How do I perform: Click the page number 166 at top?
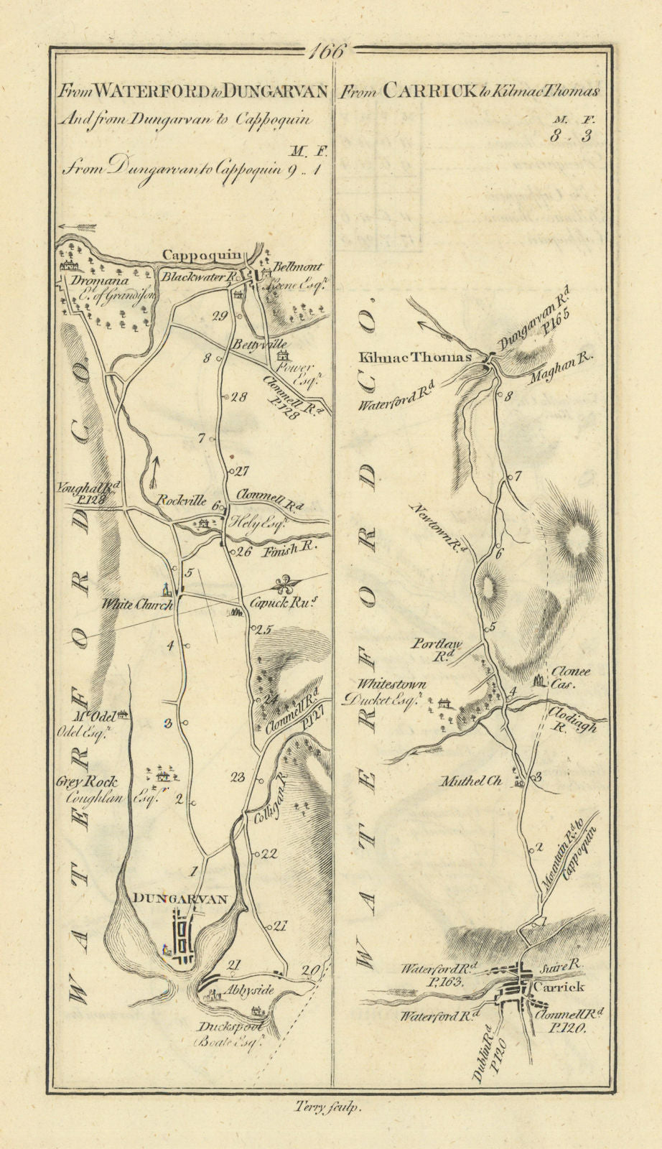point(330,52)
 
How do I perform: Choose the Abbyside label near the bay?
point(250,990)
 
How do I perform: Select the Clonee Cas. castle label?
point(569,678)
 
